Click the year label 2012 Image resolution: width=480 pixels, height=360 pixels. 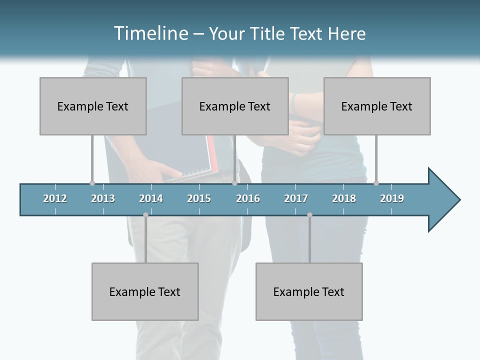55,198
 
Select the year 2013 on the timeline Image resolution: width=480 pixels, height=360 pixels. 103,198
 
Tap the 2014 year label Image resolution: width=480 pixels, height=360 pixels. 151,198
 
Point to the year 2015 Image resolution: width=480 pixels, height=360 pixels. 199,198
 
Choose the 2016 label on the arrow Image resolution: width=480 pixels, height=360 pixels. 248,198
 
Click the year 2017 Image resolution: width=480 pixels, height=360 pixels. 296,198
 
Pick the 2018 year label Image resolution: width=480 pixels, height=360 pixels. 344,198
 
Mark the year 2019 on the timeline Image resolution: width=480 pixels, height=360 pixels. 392,198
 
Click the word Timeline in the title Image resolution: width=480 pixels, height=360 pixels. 150,33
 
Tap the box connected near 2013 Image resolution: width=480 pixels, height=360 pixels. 93,106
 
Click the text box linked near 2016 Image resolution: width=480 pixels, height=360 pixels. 235,106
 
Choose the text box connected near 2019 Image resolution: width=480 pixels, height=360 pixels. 377,106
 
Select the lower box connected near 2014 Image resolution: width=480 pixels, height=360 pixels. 145,291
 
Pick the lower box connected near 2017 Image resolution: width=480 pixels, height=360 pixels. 309,291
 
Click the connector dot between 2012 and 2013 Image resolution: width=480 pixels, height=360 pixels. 92,183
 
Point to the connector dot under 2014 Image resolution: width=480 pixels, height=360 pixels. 145,215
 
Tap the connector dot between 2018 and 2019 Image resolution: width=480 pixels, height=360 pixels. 376,183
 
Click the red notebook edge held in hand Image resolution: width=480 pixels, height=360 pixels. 213,155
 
